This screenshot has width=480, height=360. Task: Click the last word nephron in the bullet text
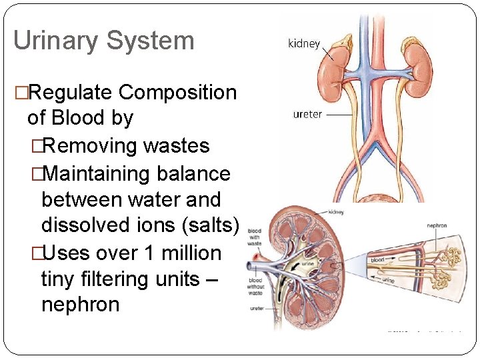point(80,305)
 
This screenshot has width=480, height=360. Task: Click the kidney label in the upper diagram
point(303,44)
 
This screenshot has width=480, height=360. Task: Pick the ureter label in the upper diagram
point(307,114)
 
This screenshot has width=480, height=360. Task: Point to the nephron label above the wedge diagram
point(437,226)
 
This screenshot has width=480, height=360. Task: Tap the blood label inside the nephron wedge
point(378,259)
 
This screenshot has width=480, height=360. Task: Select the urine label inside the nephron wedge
point(388,281)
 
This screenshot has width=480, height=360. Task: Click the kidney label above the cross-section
point(336,212)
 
